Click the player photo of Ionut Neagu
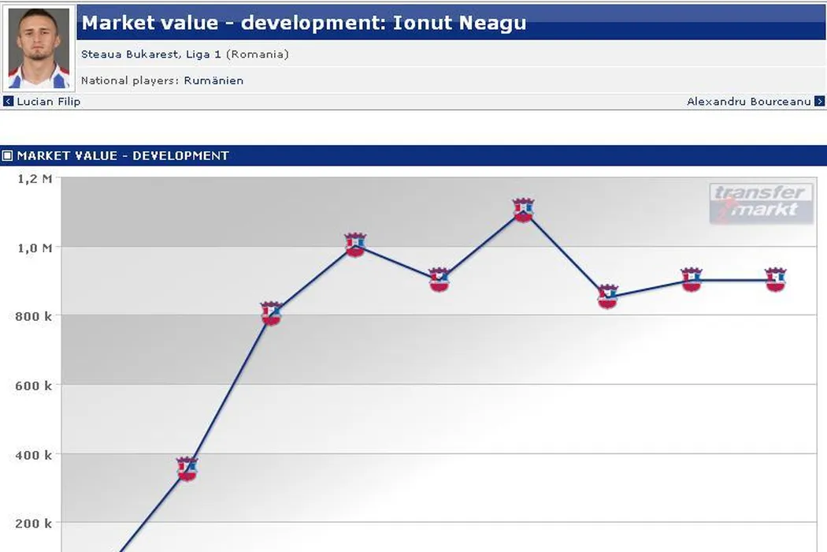[x=39, y=49]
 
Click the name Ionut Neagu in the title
[x=459, y=23]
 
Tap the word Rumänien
[x=213, y=80]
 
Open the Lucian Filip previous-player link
[x=48, y=102]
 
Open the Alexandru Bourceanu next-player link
[x=748, y=102]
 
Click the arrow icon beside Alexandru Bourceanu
[x=819, y=102]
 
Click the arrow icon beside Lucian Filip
[x=9, y=102]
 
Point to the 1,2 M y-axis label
[x=35, y=179]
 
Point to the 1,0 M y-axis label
[x=35, y=248]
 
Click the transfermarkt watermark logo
[x=760, y=203]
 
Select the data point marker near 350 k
[x=187, y=469]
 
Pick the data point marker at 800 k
[x=271, y=313]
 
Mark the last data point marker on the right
[x=775, y=279]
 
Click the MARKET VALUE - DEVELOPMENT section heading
[x=122, y=156]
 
